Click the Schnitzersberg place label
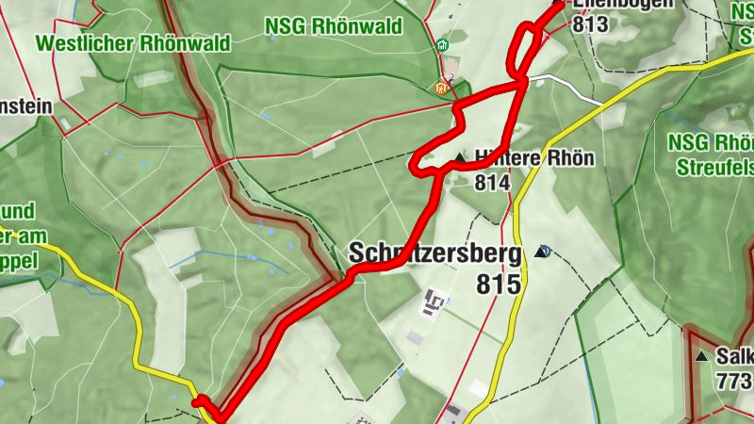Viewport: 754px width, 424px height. coord(434,253)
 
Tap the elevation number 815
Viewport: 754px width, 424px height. coord(499,284)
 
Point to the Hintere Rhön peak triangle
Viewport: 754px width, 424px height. coord(460,157)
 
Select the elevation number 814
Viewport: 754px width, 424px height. coord(492,182)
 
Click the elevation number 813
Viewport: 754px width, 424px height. coord(590,24)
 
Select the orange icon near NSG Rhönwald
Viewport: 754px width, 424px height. coord(440,89)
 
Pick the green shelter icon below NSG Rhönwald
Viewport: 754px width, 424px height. coord(443,44)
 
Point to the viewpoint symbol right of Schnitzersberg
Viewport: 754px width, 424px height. coord(543,251)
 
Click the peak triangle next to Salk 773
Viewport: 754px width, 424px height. coord(700,357)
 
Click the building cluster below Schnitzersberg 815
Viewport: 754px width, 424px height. coord(435,302)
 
